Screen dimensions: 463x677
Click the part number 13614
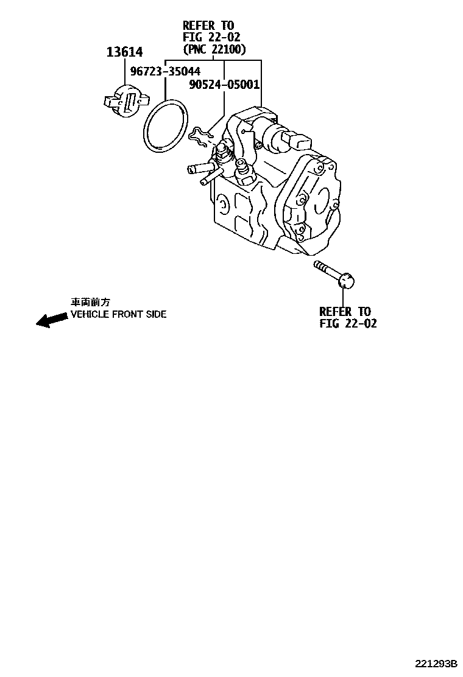tap(125, 52)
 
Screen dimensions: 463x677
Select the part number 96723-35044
tap(165, 72)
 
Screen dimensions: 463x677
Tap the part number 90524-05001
tap(225, 85)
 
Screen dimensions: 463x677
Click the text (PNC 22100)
tap(214, 49)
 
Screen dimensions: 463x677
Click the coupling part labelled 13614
tap(126, 100)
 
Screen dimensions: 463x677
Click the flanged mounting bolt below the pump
tap(334, 275)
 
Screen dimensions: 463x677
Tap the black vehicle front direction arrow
tap(51, 318)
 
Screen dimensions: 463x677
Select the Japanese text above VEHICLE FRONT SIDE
tap(91, 302)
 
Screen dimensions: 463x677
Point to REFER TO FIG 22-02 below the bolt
tap(347, 318)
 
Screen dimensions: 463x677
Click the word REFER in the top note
tap(199, 25)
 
